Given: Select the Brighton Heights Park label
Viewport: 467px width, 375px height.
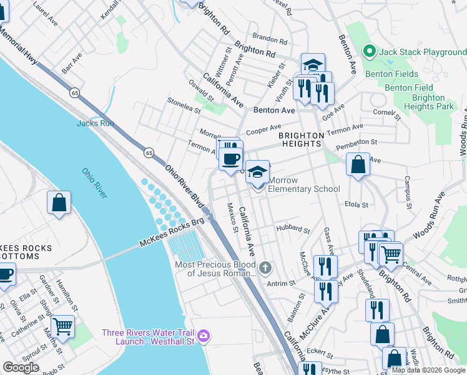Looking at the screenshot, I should point(429,102).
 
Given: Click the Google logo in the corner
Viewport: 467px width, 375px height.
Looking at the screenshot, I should point(21,367).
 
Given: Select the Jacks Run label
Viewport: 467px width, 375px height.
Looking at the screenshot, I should point(95,123).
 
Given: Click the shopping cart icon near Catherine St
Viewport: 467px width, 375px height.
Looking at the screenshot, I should point(62,326).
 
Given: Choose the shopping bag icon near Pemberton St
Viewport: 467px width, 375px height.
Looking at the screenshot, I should point(358,165).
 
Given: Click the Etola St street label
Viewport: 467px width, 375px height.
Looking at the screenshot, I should point(356,204).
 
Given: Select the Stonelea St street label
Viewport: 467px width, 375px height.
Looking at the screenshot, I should point(183,106).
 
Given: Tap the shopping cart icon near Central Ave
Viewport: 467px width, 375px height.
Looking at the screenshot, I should point(391,253).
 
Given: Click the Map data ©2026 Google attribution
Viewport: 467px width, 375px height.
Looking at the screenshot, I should point(428,370).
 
